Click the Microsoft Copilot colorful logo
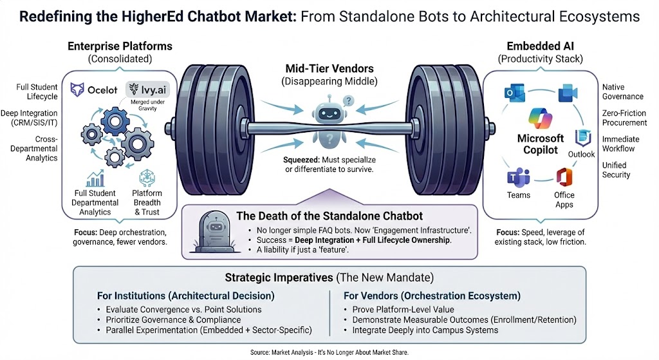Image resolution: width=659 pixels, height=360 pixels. (x=541, y=119)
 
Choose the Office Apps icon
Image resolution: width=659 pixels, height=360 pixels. (x=564, y=176)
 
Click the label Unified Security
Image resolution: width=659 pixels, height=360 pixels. (x=615, y=170)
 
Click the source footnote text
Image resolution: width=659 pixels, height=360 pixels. (x=329, y=353)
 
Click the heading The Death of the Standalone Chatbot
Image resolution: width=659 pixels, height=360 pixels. (x=330, y=216)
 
